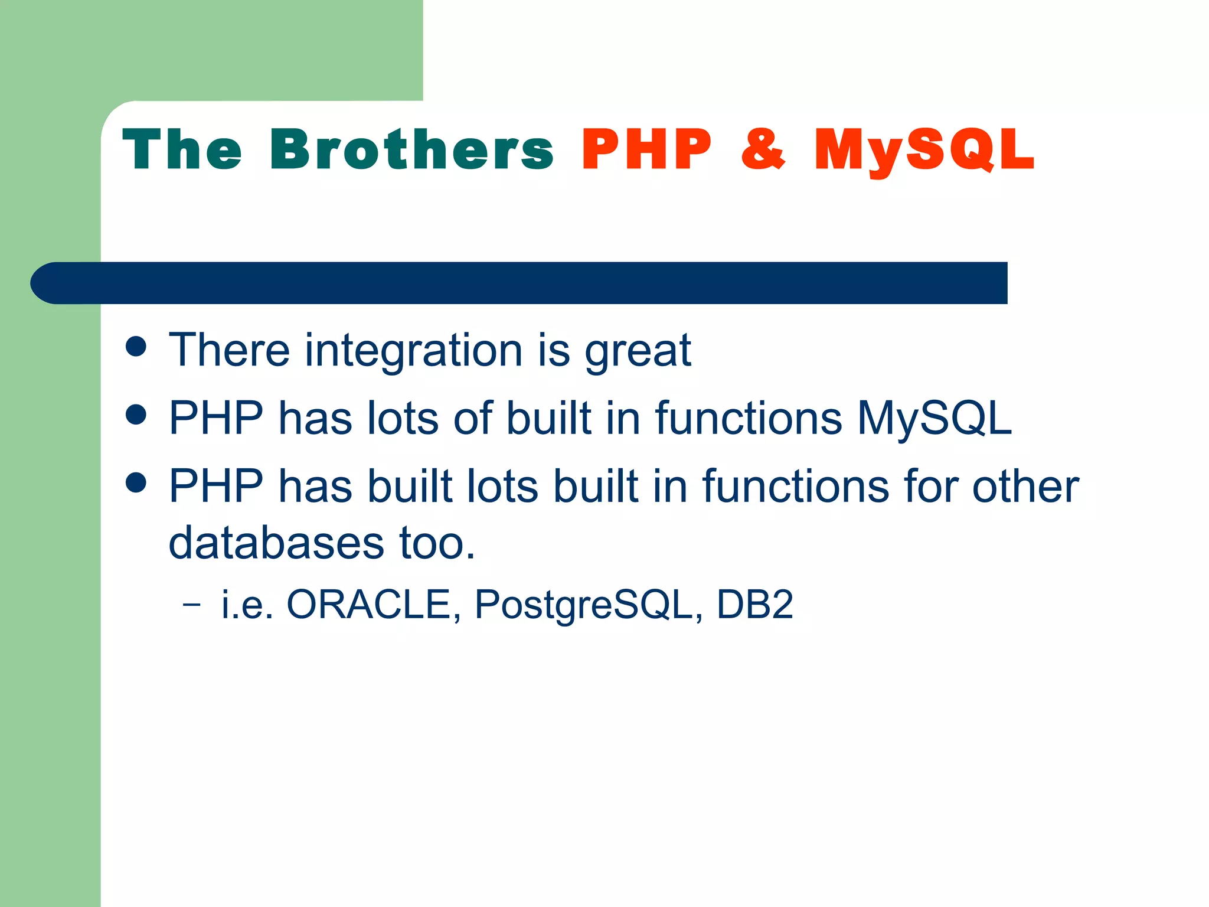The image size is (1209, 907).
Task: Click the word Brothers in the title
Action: (x=411, y=150)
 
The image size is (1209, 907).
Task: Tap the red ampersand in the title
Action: (x=763, y=150)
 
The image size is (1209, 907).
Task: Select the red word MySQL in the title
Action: (x=924, y=151)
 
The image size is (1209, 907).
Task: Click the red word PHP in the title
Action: (x=646, y=150)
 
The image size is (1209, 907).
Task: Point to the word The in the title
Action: (x=182, y=150)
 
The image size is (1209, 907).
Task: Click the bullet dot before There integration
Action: (x=136, y=347)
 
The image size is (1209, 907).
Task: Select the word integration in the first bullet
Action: (x=413, y=351)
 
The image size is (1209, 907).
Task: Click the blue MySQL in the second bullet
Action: (x=934, y=418)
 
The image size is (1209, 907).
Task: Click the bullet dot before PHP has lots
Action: (x=136, y=415)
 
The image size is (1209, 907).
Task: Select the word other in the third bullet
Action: (x=1025, y=486)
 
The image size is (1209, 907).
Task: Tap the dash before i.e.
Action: (x=191, y=605)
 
